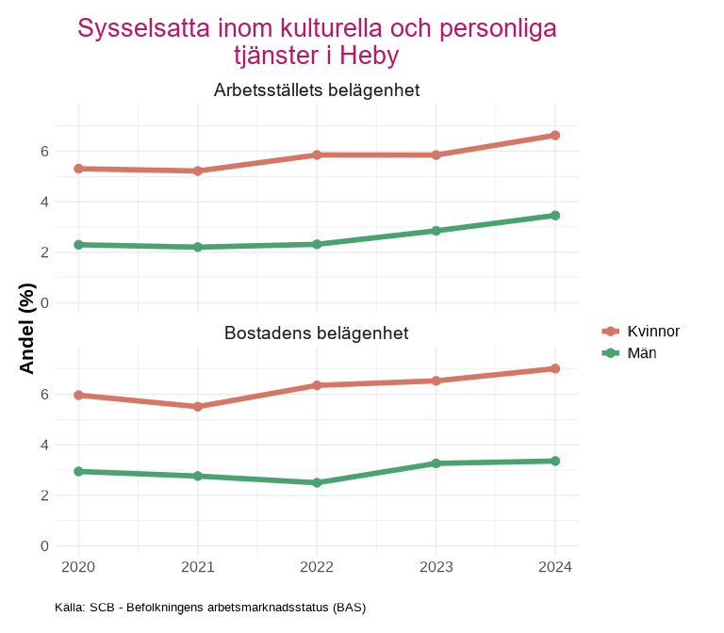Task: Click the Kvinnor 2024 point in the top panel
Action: click(x=555, y=136)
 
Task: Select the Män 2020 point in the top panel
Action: click(x=78, y=245)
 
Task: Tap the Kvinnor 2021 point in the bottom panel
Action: click(x=198, y=407)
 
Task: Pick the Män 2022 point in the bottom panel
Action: click(x=317, y=482)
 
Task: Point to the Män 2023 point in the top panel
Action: click(x=436, y=231)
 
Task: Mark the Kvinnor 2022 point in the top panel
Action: click(x=317, y=154)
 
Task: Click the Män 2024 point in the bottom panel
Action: click(x=555, y=461)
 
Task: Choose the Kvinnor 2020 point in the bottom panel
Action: click(x=78, y=396)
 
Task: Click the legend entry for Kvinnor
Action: click(x=641, y=332)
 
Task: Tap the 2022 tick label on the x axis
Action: click(x=317, y=567)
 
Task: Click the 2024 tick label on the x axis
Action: click(x=555, y=567)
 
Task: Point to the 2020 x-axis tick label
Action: click(x=78, y=567)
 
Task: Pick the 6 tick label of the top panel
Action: click(x=44, y=151)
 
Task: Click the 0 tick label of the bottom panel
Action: click(x=44, y=546)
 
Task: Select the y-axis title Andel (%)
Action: click(x=27, y=329)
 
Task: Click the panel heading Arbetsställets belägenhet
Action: click(x=317, y=90)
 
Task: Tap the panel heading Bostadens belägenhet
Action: click(x=317, y=333)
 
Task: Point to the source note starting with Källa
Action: click(x=209, y=608)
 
